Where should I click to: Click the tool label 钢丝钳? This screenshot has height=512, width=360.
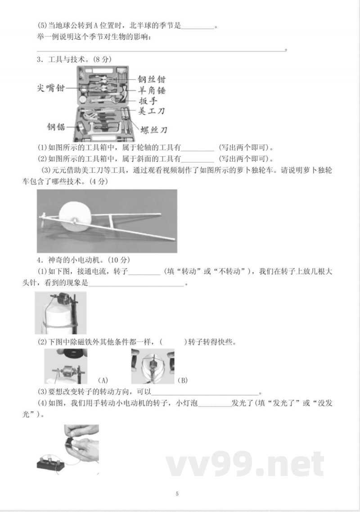click(x=151, y=79)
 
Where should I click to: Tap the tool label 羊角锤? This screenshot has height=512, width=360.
click(x=151, y=91)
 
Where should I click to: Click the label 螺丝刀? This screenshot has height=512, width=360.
click(x=153, y=130)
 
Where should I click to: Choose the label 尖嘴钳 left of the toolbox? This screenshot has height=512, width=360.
click(x=50, y=88)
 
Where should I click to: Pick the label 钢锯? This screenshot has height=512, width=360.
click(x=56, y=127)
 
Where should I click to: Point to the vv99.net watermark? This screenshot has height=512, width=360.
click(x=245, y=463)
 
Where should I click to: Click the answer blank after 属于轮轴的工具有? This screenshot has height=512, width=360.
click(x=198, y=147)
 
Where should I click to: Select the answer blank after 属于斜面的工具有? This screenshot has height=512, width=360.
click(x=198, y=159)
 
